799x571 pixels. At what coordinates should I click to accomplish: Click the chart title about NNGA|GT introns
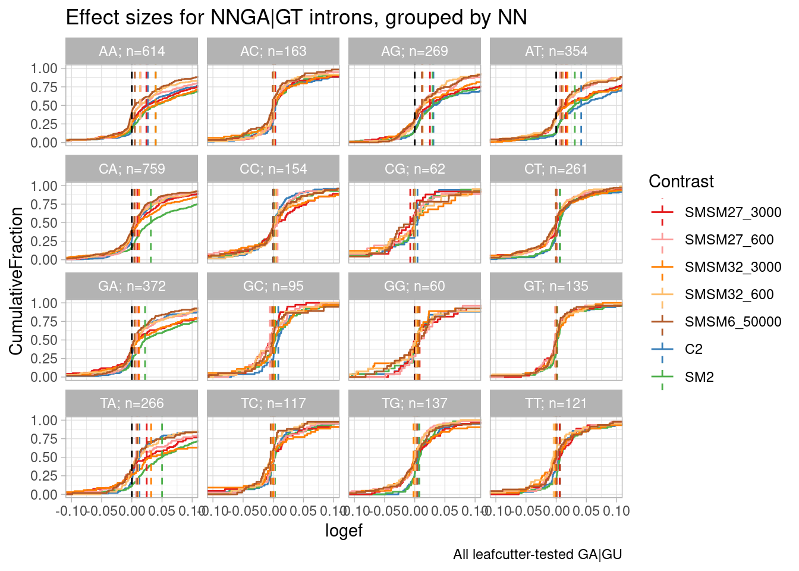coord(296,18)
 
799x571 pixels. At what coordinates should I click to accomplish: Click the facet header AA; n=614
coord(131,51)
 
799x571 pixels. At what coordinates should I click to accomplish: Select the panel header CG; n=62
coord(414,169)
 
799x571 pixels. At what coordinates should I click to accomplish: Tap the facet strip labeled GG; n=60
coord(414,286)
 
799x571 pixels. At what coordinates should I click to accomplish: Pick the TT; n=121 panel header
coord(556,403)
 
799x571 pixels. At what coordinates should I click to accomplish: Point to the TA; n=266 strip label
coord(131,403)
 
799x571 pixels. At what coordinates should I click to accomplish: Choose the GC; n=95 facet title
coord(273,286)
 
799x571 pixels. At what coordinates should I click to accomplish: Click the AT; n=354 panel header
coord(556,51)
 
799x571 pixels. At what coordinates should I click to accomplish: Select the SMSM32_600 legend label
coord(729,294)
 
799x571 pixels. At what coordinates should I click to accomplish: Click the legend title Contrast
coord(681,181)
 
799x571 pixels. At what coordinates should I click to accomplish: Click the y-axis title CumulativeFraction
coord(16,281)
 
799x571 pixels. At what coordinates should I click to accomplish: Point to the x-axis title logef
coord(344,531)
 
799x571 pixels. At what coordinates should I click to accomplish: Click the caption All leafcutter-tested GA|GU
coord(537,555)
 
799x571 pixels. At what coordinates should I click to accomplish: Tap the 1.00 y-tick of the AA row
coord(45,68)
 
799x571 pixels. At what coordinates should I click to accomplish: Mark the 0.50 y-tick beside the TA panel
coord(45,457)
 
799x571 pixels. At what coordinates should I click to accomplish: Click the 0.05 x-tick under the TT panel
coord(587,511)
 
